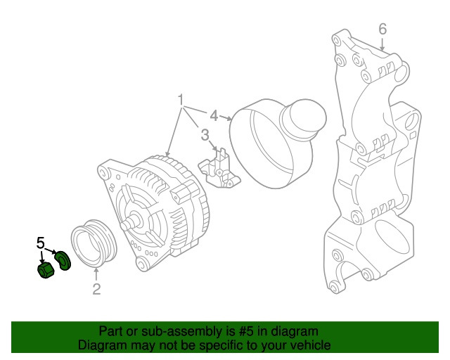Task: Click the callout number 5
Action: tap(41, 243)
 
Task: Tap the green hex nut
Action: tap(46, 270)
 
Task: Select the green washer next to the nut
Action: tap(63, 260)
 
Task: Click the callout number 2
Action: tap(96, 289)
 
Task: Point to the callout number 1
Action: tap(181, 100)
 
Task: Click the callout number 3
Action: tap(205, 134)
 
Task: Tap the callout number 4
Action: tap(214, 116)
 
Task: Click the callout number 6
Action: tap(382, 29)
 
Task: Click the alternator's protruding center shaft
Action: tap(131, 222)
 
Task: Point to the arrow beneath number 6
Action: tap(382, 44)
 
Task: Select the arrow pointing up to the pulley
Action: tap(96, 274)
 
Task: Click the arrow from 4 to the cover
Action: tap(226, 117)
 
